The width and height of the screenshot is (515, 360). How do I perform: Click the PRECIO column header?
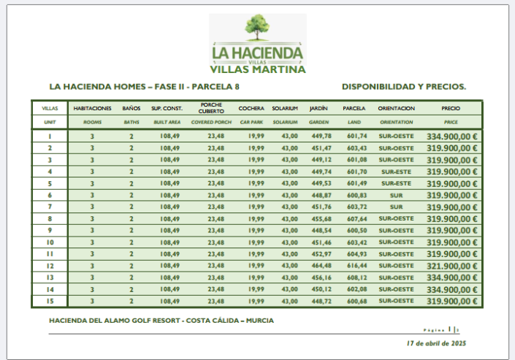[x=451, y=108]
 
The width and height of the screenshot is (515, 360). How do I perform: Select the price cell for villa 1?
[x=451, y=136]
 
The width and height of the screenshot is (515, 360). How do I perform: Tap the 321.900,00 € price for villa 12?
[x=451, y=266]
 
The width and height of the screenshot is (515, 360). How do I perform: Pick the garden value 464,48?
[x=321, y=266]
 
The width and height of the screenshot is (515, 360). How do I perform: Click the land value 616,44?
[x=357, y=266]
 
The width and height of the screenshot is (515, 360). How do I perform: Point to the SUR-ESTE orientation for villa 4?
[x=397, y=172]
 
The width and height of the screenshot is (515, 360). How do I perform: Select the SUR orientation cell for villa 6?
[x=397, y=195]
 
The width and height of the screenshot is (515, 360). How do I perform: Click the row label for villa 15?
[x=50, y=301]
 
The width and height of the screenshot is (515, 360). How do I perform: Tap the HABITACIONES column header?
[x=93, y=108]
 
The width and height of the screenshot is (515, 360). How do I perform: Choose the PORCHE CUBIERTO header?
[x=212, y=107]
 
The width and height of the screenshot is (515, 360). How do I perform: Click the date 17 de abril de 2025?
[x=436, y=343]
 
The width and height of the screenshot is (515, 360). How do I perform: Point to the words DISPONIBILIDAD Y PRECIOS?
[x=403, y=86]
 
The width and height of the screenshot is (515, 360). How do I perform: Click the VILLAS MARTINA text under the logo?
[x=257, y=70]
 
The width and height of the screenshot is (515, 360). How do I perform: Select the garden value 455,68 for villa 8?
[x=321, y=218]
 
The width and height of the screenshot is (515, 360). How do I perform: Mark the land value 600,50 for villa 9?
[x=357, y=230]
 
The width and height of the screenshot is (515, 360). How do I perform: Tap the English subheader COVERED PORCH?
[x=212, y=122]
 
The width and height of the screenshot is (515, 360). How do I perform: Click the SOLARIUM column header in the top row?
[x=285, y=108]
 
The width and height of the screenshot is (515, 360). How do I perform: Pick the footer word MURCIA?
[x=261, y=321]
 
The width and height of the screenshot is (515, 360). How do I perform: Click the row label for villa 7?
[x=50, y=207]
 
